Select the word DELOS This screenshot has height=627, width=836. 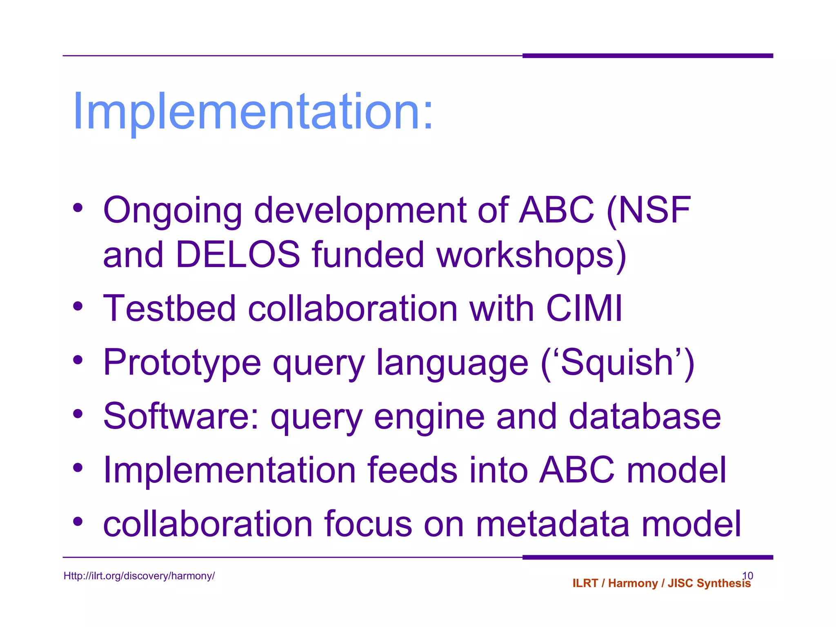238,255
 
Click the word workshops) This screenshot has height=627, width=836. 531,256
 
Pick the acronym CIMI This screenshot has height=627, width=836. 584,309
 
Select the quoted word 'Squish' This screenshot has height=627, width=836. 617,362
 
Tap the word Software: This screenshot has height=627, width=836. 181,416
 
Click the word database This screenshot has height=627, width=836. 645,416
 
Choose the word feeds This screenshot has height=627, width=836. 412,470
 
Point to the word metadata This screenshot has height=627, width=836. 553,524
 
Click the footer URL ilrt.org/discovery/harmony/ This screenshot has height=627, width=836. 139,576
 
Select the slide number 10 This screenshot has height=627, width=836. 747,575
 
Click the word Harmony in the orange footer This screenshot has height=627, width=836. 633,583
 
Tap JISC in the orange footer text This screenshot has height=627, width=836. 680,583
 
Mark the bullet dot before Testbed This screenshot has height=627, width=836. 78,306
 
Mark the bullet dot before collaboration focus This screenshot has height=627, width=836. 78,521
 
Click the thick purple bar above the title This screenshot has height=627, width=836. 647,56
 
